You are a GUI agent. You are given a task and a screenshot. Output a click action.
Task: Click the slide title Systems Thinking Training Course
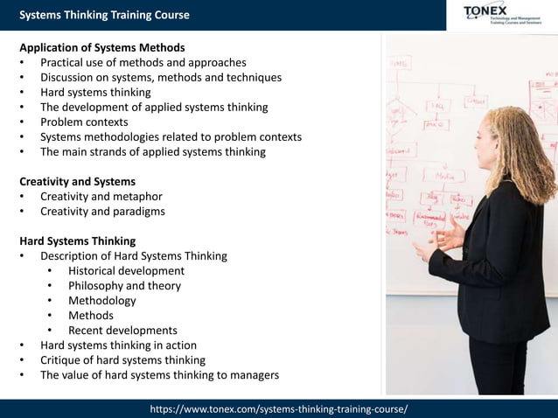[104, 15]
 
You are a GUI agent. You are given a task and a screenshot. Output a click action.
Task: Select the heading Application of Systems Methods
[102, 47]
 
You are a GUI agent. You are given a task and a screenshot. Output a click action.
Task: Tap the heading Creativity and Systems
[77, 181]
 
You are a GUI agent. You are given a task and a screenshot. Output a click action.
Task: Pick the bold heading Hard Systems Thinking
[77, 240]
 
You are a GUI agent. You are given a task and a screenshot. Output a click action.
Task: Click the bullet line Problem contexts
[84, 122]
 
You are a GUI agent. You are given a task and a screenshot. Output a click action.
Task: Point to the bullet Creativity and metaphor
[101, 196]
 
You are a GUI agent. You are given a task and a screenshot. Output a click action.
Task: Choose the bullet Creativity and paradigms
[102, 211]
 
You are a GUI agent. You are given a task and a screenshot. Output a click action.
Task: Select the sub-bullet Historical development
[126, 271]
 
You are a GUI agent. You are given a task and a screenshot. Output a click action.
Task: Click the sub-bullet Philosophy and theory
[124, 286]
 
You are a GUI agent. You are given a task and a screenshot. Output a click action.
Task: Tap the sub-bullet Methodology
[102, 301]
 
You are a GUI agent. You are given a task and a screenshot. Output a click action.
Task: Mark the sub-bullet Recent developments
[122, 331]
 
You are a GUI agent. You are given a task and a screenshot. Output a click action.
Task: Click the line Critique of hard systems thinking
[122, 360]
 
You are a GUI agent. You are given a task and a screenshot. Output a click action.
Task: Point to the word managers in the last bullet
[253, 375]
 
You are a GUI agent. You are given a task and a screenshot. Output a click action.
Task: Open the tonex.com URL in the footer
[279, 409]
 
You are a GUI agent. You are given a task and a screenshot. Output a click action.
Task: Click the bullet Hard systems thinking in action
[118, 345]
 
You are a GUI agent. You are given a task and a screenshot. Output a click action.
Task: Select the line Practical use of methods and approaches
[143, 62]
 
